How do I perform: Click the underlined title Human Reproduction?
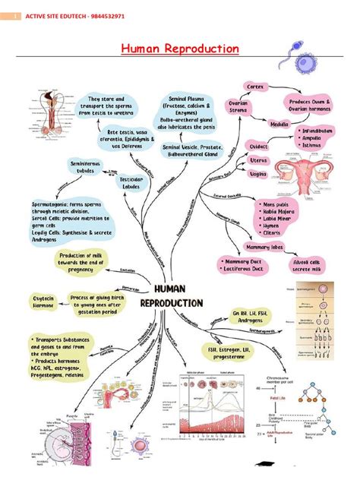click(180, 49)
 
